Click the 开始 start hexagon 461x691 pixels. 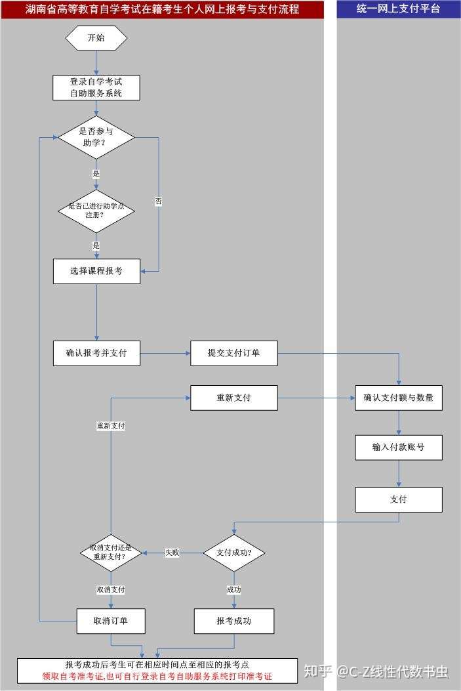tap(96, 38)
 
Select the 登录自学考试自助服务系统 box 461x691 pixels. tap(96, 88)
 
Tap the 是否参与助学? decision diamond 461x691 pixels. tap(96, 137)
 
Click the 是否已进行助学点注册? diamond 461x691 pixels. tap(96, 211)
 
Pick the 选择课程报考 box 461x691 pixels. tap(97, 271)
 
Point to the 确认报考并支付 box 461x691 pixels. tap(97, 353)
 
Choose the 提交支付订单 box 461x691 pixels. tap(234, 353)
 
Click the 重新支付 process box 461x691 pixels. tap(234, 398)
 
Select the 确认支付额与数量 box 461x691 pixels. tap(399, 398)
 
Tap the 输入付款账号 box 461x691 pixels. tap(399, 448)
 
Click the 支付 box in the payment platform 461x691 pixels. tap(399, 499)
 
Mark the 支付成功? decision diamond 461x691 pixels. tap(234, 553)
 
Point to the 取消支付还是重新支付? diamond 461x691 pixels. tap(111, 553)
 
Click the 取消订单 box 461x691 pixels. tap(111, 621)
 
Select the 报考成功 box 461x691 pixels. tap(234, 621)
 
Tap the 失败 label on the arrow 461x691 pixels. tap(172, 553)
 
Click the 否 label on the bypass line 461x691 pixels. tap(159, 201)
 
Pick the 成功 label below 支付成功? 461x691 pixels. tap(234, 590)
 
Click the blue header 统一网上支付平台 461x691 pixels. tap(399, 9)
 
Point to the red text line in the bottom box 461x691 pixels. tap(157, 676)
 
